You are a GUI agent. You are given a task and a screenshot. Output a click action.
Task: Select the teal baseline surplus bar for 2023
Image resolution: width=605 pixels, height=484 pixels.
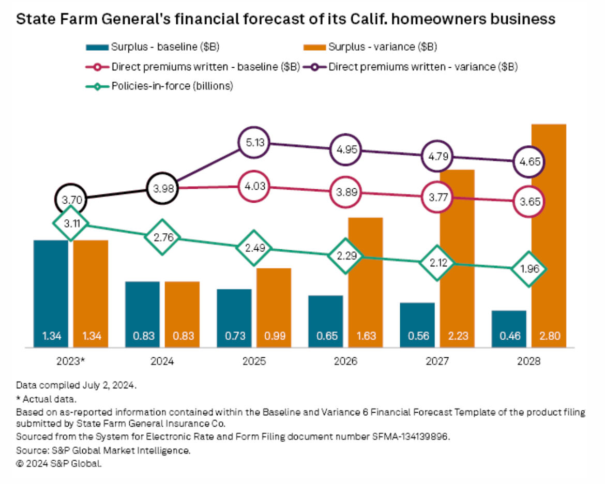(51, 290)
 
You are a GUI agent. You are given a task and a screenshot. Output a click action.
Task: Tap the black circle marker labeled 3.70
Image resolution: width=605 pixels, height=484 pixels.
(71, 199)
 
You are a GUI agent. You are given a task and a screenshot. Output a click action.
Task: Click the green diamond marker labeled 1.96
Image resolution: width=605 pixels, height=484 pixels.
(528, 269)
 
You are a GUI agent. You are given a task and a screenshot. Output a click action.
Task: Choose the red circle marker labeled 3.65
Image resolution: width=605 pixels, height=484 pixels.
(528, 202)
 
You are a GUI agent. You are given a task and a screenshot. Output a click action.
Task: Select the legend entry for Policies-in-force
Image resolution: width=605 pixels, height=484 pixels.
(171, 86)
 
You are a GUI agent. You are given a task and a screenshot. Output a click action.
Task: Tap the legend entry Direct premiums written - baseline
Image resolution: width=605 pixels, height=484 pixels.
(205, 67)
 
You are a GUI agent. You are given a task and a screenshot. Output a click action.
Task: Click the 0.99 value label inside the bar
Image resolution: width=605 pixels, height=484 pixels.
(274, 336)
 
